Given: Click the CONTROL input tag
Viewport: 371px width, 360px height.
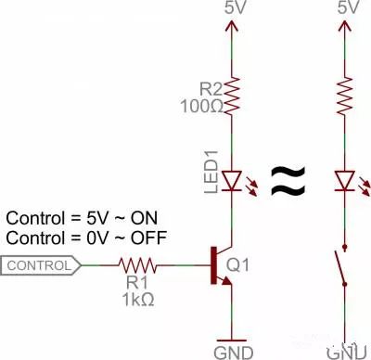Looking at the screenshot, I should [x=42, y=266].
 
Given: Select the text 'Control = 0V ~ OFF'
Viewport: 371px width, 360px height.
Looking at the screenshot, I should [x=86, y=238].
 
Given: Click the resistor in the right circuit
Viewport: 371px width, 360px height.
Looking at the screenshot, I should [x=348, y=94].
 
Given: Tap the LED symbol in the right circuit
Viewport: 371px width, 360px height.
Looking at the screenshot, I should [x=348, y=179].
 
